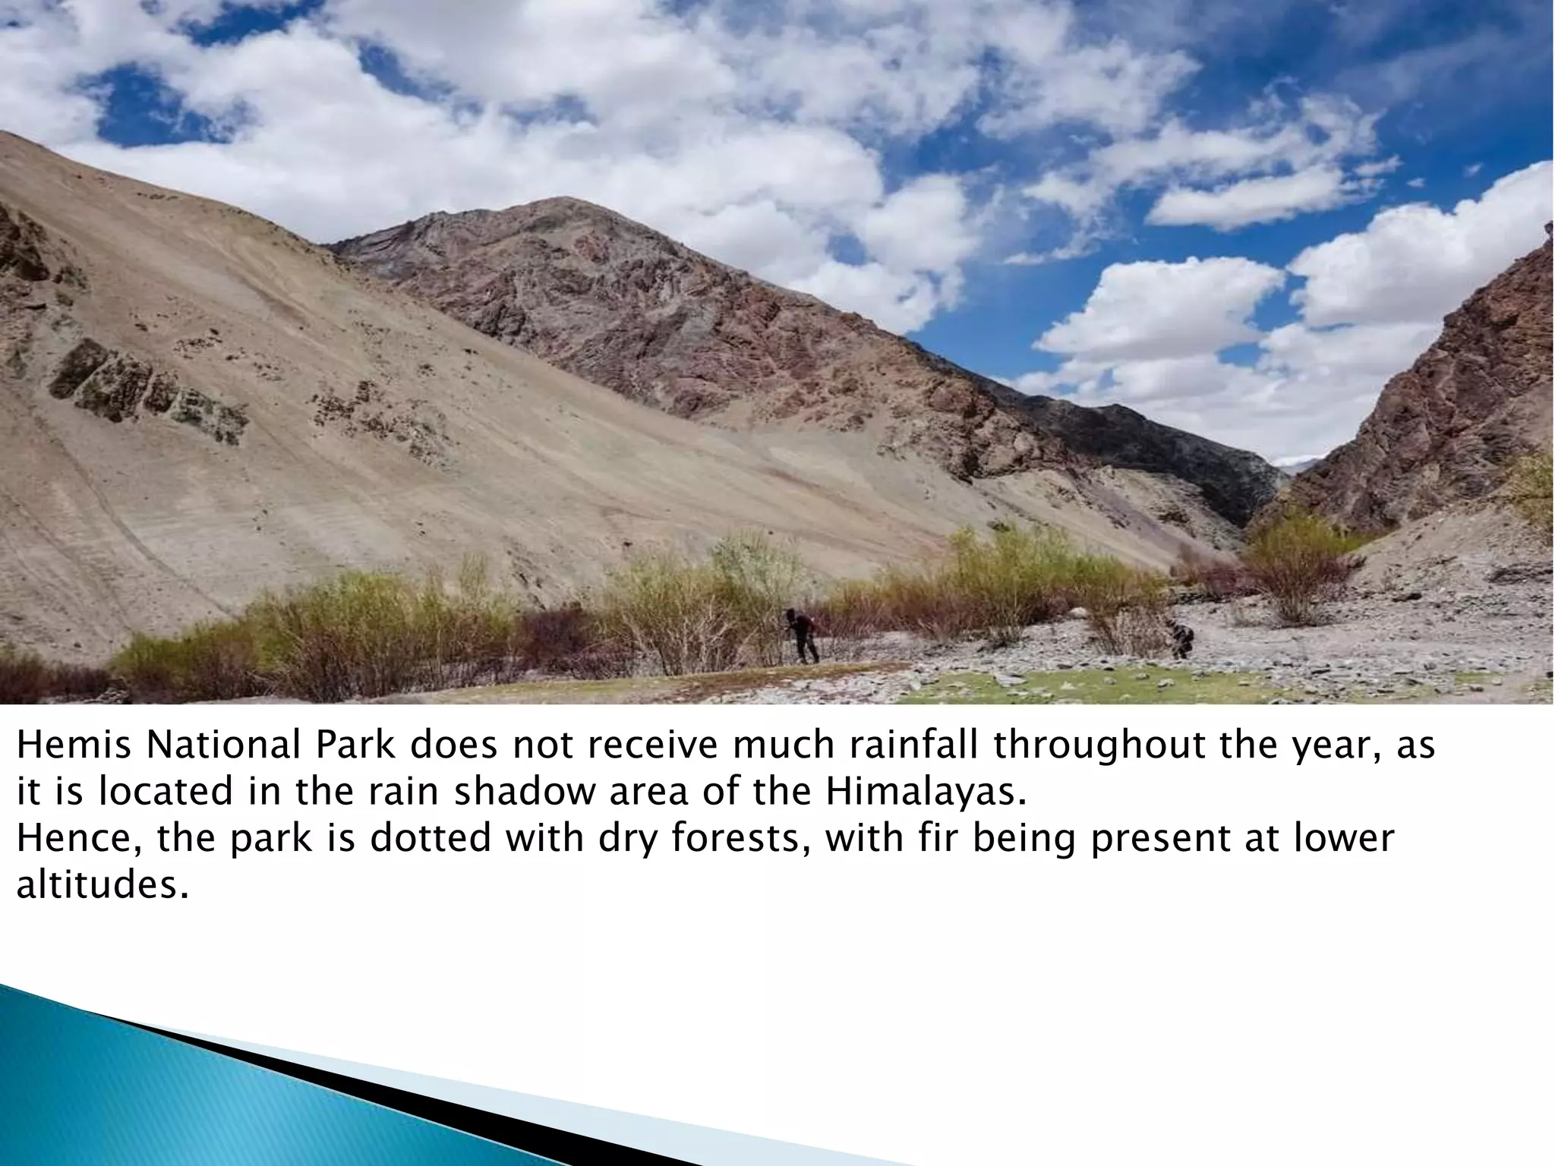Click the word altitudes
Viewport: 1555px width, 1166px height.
coord(101,885)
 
